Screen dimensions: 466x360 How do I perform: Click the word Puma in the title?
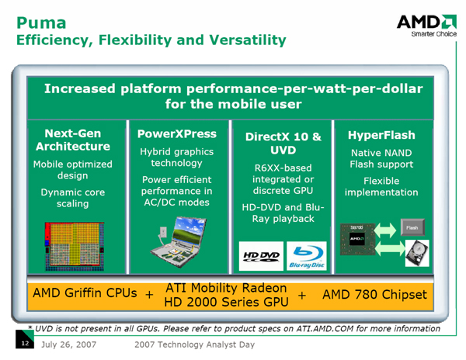click(x=41, y=22)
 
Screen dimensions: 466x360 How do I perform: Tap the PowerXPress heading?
click(x=177, y=134)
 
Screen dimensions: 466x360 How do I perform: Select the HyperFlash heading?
click(x=381, y=135)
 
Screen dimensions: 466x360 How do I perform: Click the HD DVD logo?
click(x=261, y=256)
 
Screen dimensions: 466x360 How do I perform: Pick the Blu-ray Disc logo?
click(x=307, y=256)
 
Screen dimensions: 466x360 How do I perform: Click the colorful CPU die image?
click(x=75, y=246)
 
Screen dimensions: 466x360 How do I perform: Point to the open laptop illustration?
click(x=178, y=242)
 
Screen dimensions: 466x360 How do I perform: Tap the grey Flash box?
click(x=412, y=227)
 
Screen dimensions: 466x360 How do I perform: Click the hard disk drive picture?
click(x=417, y=253)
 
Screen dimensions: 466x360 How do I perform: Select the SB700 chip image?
click(x=357, y=239)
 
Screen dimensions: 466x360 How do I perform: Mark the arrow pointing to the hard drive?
click(x=390, y=248)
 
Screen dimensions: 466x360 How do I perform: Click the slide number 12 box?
click(x=25, y=339)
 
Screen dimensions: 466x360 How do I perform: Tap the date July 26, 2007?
click(x=68, y=344)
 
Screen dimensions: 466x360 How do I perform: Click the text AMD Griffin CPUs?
click(x=85, y=293)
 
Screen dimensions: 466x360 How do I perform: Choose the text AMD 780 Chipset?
click(x=375, y=294)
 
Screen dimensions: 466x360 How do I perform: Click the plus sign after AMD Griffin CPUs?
click(x=149, y=294)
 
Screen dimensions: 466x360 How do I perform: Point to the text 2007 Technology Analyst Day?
click(x=195, y=344)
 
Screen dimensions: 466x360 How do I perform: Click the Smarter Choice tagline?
click(x=434, y=34)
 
